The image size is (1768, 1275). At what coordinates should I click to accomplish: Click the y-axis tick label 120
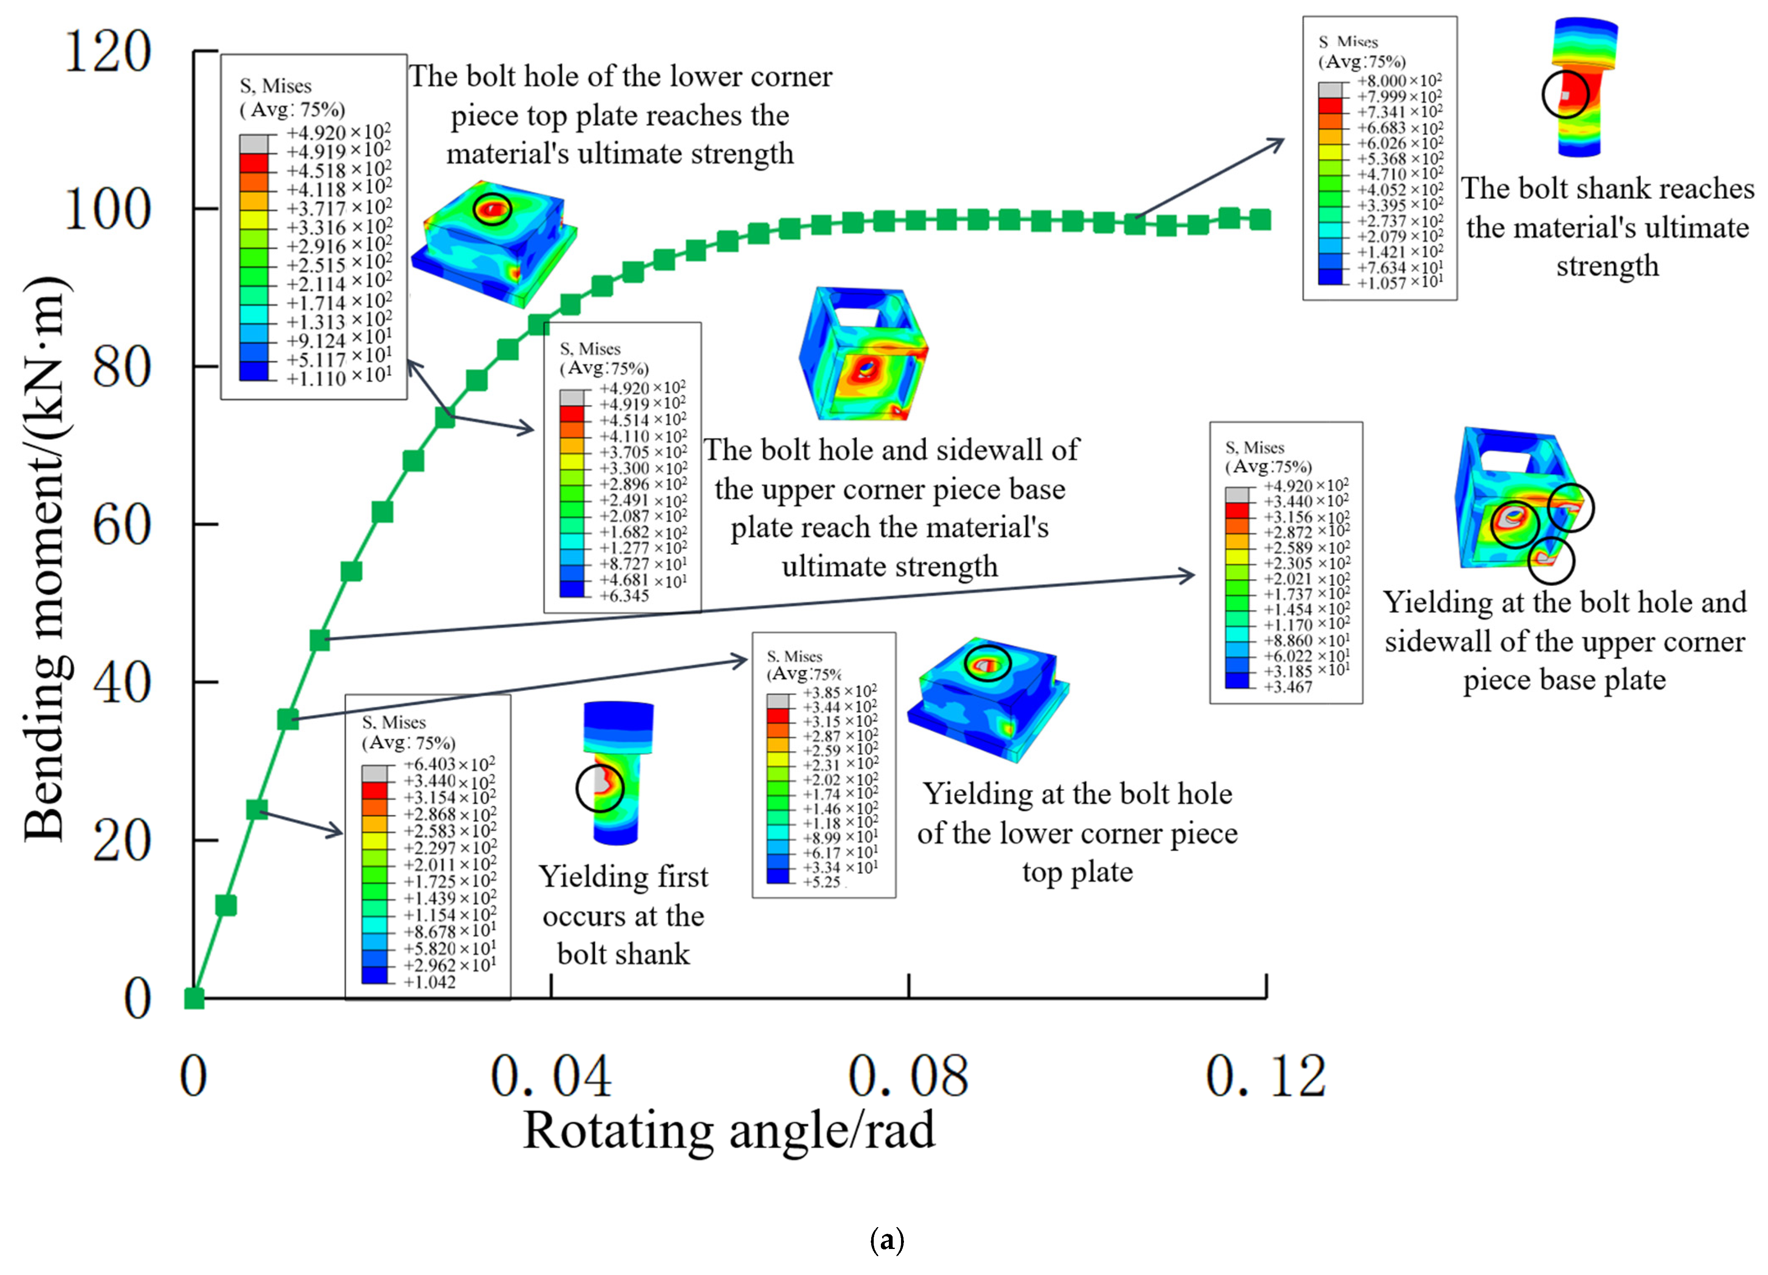pyautogui.click(x=108, y=53)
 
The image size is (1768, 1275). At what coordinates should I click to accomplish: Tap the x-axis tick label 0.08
pyautogui.click(x=908, y=1077)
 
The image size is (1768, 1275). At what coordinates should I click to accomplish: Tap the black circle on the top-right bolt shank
pyautogui.click(x=1565, y=94)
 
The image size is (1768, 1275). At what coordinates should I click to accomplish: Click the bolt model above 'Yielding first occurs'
pyautogui.click(x=616, y=771)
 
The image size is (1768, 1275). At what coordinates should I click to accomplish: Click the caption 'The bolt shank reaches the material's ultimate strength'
pyautogui.click(x=1608, y=228)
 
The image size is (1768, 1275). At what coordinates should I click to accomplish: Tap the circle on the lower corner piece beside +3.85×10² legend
pyautogui.click(x=988, y=663)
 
